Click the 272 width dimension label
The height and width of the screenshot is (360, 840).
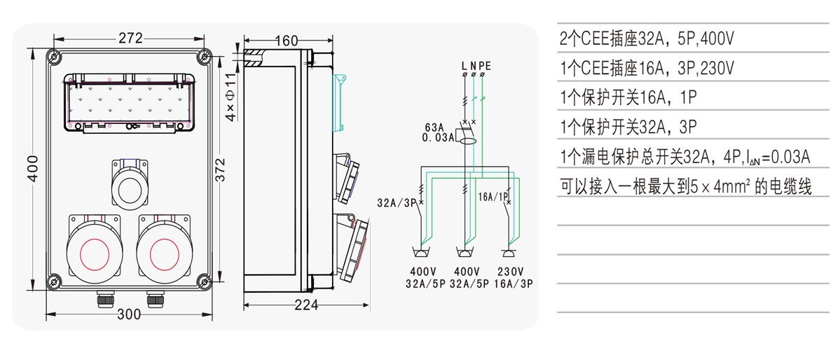[x=130, y=38]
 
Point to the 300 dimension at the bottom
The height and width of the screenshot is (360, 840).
[x=128, y=314]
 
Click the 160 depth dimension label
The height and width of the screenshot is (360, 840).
[x=286, y=41]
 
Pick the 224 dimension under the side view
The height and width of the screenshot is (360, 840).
[x=305, y=305]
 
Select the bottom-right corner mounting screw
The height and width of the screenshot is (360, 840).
[x=204, y=282]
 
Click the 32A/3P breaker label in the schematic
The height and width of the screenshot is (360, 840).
[x=395, y=203]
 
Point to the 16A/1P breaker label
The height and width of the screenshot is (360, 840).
[x=493, y=198]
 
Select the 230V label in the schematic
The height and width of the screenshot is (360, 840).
[x=510, y=272]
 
